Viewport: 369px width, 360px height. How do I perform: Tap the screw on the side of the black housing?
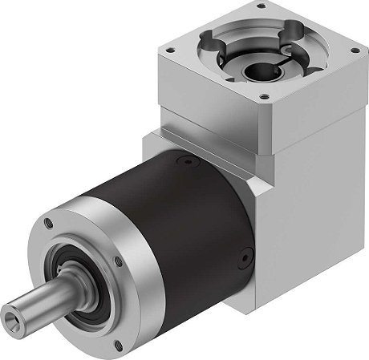pos(237,258)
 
